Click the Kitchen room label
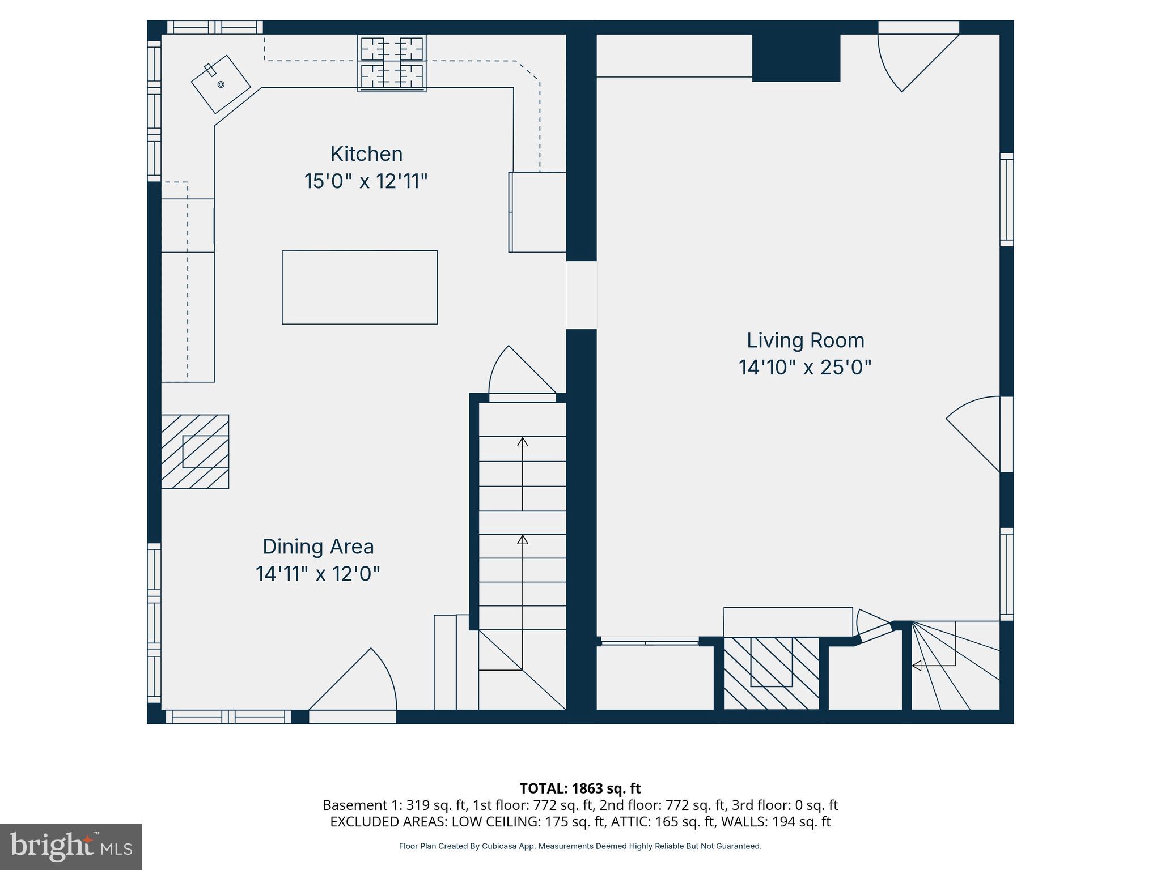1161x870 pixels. coord(366,154)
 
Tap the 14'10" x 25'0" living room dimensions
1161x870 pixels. coord(804,368)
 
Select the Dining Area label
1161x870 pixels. coord(318,547)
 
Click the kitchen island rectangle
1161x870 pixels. coord(359,287)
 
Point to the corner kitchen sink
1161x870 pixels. coord(221,84)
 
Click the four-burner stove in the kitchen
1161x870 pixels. coord(392,62)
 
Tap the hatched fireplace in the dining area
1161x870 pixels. coord(195,451)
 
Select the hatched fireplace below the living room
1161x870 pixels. coord(772,673)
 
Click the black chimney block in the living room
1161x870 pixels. coord(795,57)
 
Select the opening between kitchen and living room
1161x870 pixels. coord(581,295)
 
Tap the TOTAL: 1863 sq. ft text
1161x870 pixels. coord(580,788)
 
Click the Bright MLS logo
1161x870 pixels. coord(71,846)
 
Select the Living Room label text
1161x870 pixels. coord(805,340)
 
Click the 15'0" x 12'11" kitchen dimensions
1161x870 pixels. coord(366,182)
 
